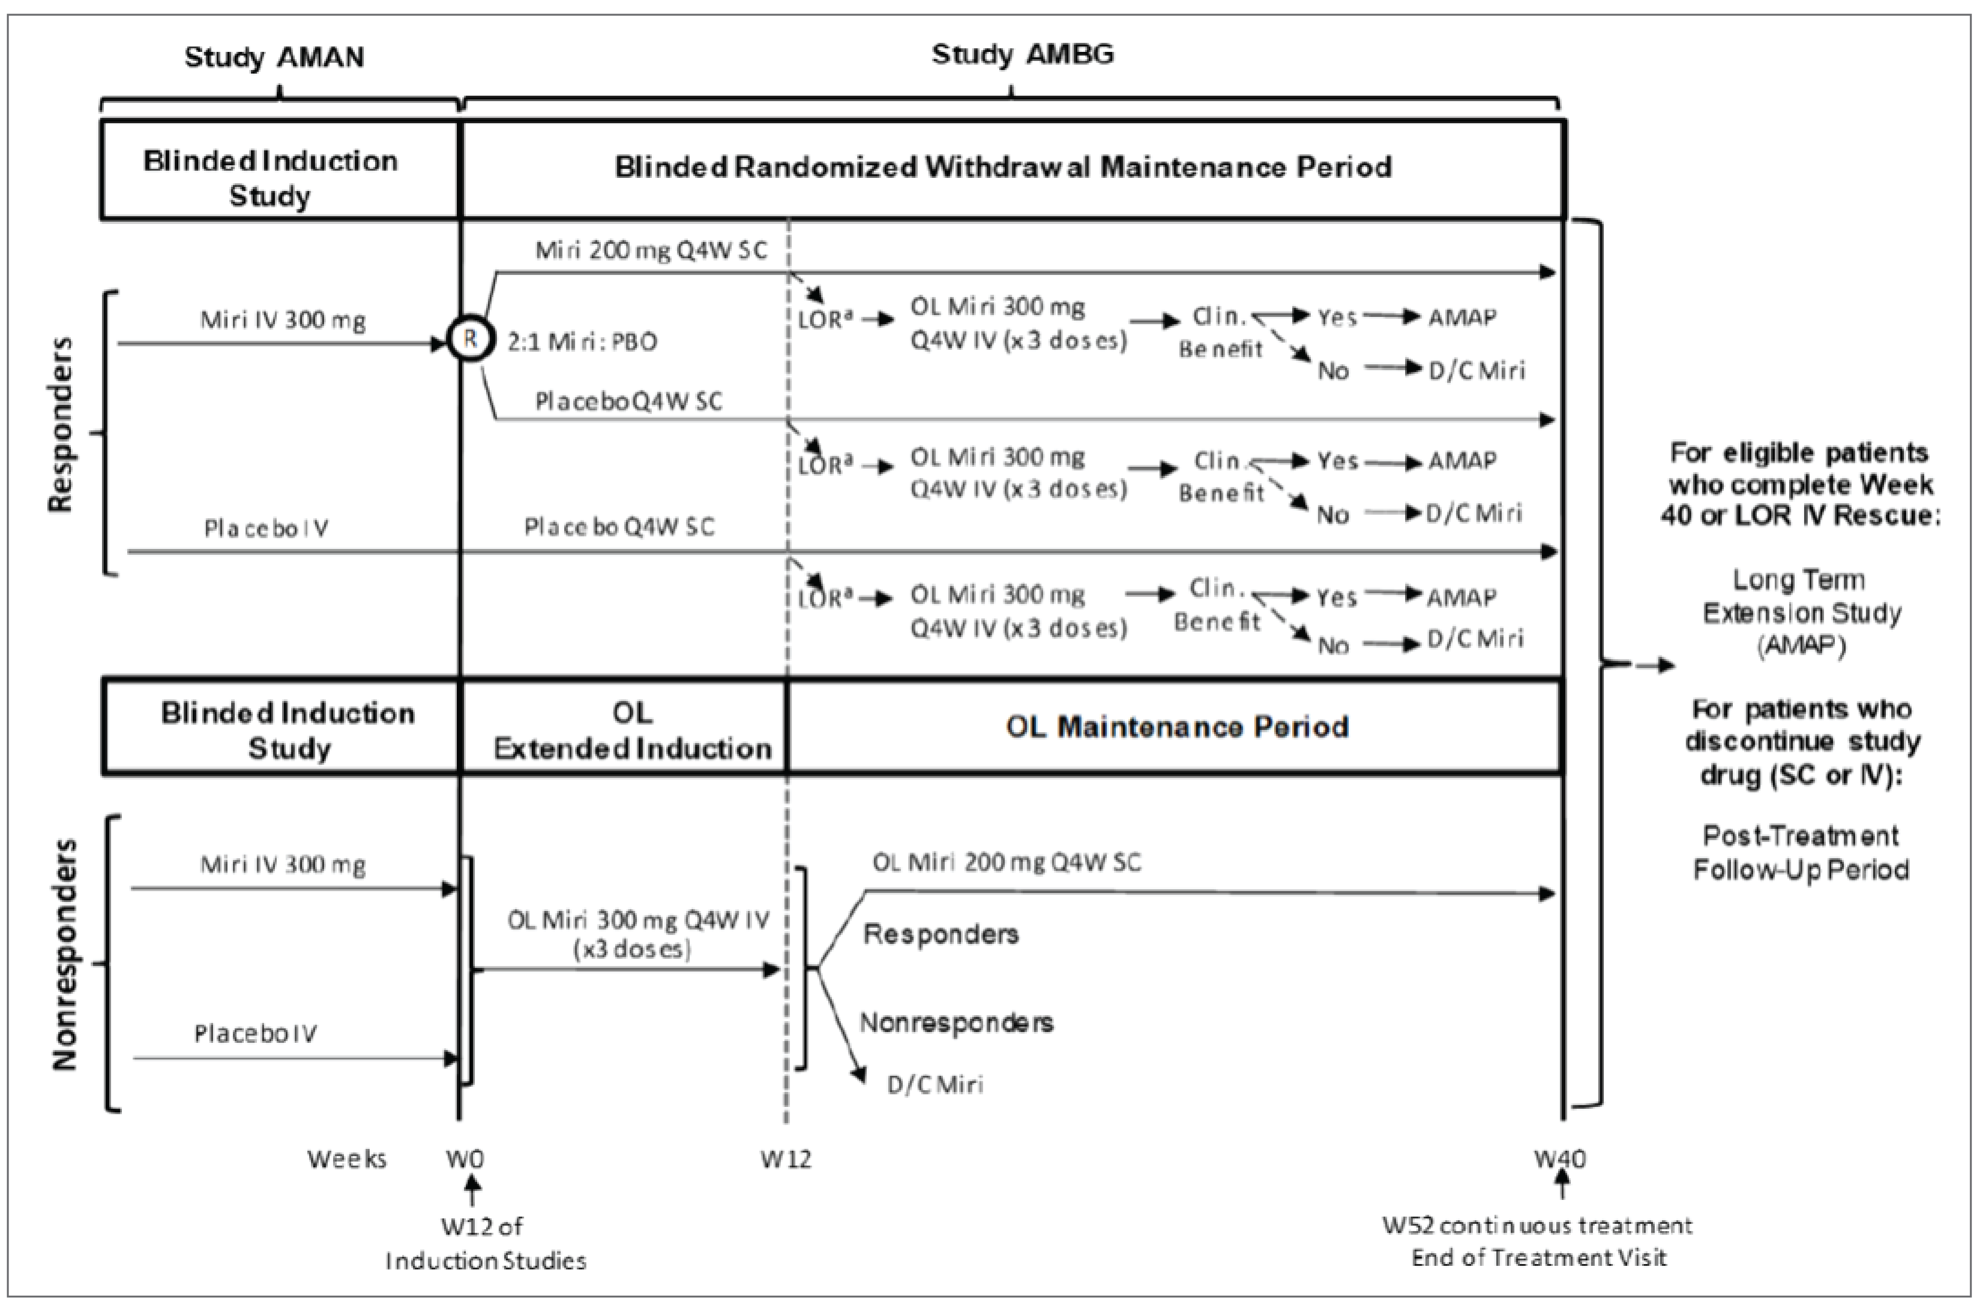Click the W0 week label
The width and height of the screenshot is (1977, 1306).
(x=465, y=1158)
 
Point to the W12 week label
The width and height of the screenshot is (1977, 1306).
(x=785, y=1158)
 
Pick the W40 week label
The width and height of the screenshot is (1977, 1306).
(x=1560, y=1158)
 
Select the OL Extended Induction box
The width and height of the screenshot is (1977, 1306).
(x=632, y=730)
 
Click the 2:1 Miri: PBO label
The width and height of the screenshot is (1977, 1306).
(x=582, y=341)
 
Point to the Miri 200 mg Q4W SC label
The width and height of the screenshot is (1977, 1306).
(x=650, y=251)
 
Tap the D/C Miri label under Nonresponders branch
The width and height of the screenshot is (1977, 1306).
(x=934, y=1084)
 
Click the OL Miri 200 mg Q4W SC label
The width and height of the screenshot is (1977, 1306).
(x=1006, y=862)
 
